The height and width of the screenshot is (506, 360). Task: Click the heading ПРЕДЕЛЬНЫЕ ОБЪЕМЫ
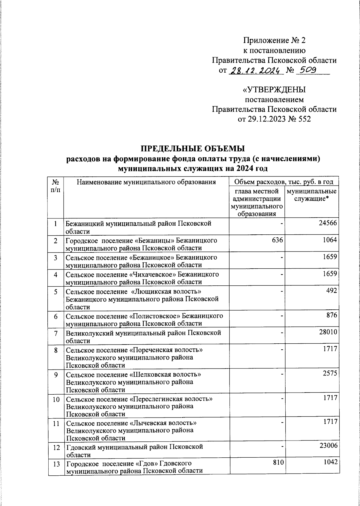click(x=193, y=149)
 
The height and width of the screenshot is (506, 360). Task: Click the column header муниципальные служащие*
click(x=311, y=195)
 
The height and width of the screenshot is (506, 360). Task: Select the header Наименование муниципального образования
click(x=146, y=182)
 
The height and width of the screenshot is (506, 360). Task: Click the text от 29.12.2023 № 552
click(x=274, y=119)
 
